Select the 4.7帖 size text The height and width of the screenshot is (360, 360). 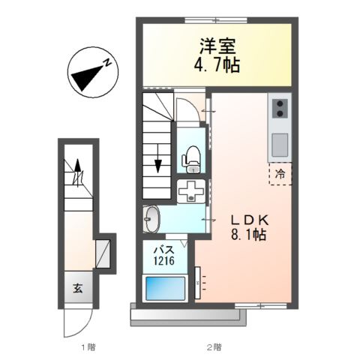(216, 66)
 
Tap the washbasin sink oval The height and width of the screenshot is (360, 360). (150, 220)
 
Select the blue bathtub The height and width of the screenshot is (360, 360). (164, 288)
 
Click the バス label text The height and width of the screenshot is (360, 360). (165, 249)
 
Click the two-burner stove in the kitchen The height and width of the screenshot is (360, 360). (277, 108)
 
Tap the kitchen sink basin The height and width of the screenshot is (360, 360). (278, 141)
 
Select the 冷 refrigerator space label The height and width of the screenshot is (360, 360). (280, 174)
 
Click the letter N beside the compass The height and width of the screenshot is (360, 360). (109, 63)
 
